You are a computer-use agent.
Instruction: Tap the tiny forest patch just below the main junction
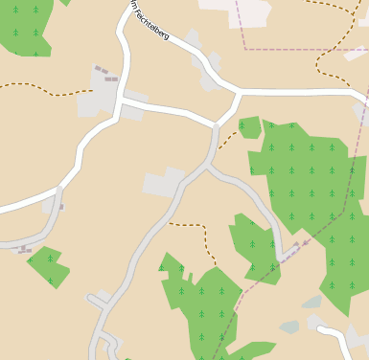pos(250,126)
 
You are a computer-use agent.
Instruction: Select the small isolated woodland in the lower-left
pos(48,265)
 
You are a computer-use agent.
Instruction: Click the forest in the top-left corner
pos(24,27)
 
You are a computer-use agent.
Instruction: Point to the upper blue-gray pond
pos(312,303)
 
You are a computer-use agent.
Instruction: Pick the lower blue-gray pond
pos(290,326)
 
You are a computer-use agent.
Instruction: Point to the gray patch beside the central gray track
pos(164,183)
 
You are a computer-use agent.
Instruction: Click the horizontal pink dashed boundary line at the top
pos(307,49)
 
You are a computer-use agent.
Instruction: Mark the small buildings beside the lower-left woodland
pos(25,249)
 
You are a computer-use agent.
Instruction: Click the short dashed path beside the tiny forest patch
pos(226,142)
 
